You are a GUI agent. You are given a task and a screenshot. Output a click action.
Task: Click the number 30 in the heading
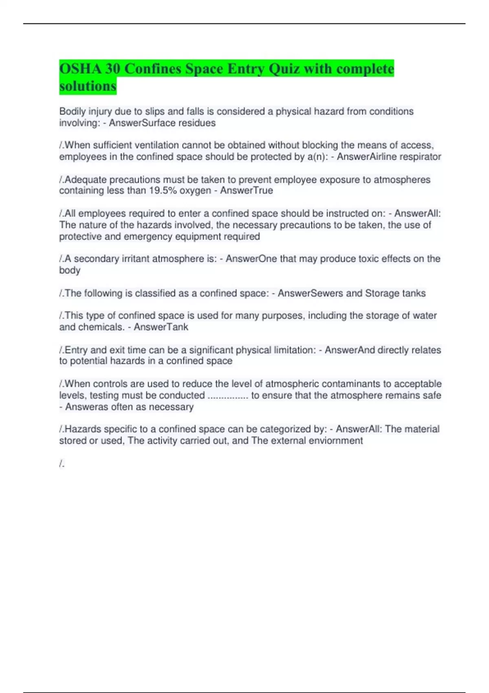tap(112, 69)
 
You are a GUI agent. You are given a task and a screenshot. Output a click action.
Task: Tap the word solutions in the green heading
tap(88, 86)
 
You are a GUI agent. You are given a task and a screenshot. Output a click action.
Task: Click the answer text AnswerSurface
tap(139, 123)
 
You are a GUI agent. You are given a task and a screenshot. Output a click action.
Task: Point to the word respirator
tap(420, 157)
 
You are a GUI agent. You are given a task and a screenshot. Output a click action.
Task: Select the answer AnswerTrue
tap(247, 191)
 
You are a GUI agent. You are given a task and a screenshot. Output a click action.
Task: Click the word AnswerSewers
tap(310, 294)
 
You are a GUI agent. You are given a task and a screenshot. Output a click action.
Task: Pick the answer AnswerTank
tap(161, 327)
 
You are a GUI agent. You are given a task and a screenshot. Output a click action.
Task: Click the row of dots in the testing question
tap(228, 395)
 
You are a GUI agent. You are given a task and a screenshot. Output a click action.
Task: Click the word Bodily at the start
tap(72, 112)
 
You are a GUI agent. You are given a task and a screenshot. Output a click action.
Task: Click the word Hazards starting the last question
tap(81, 429)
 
